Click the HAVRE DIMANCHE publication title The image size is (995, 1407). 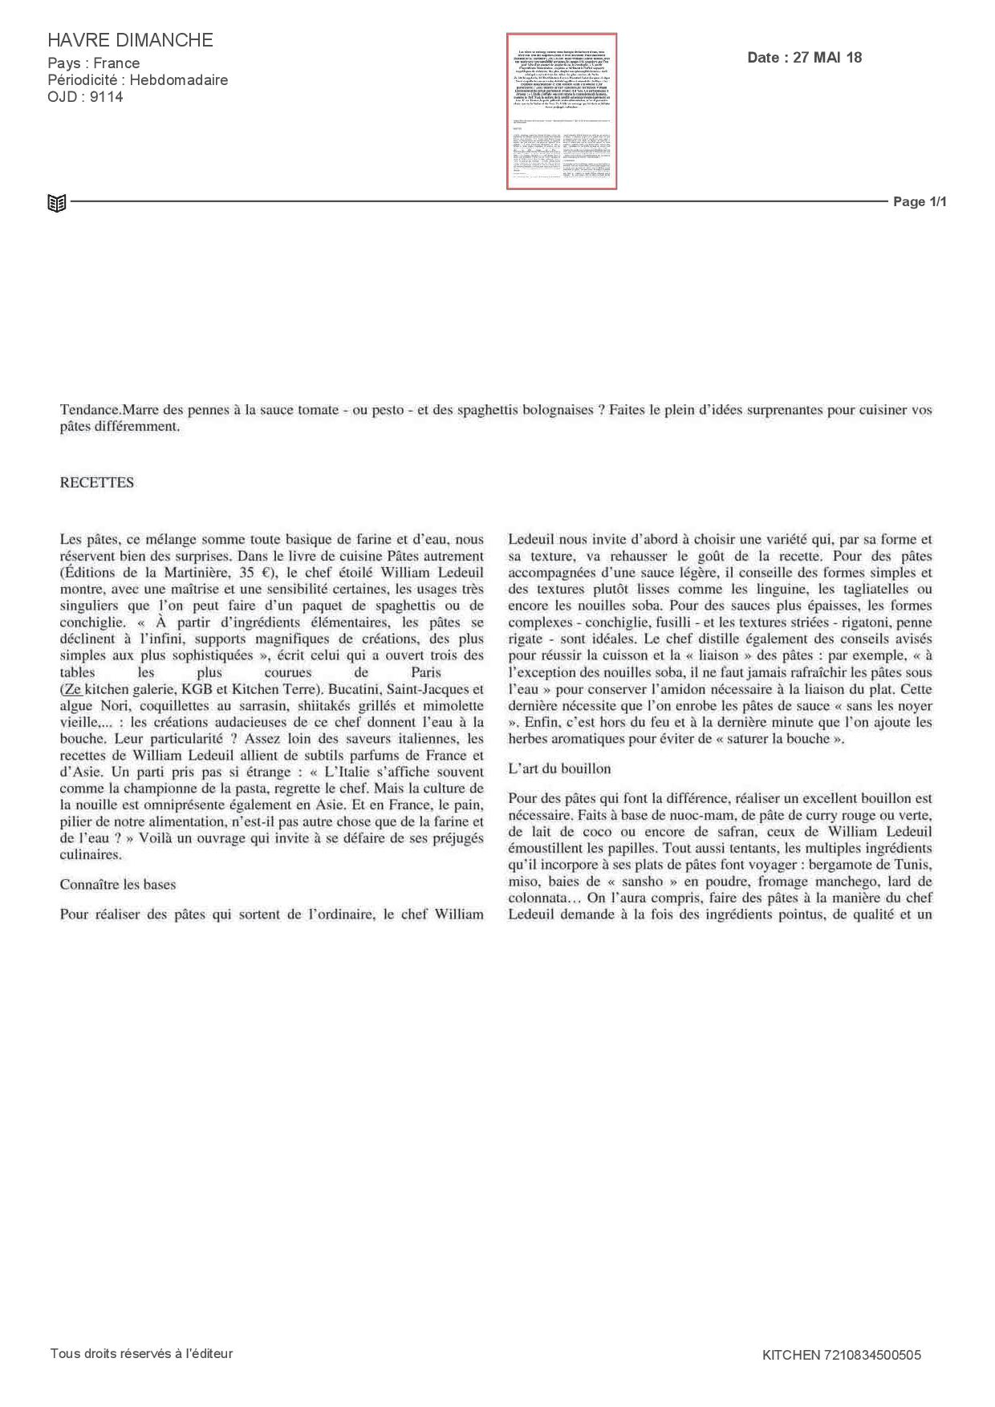pyautogui.click(x=130, y=40)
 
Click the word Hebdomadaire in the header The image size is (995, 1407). pyautogui.click(x=179, y=80)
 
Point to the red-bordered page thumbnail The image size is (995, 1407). pyautogui.click(x=562, y=112)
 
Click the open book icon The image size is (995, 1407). pyautogui.click(x=56, y=203)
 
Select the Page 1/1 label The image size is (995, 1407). pyautogui.click(x=920, y=202)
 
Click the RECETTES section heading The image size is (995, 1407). pyautogui.click(x=97, y=483)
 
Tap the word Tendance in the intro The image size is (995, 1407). pyautogui.click(x=89, y=410)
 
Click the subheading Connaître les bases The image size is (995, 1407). pyautogui.click(x=118, y=885)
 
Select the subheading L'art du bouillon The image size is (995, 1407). pyautogui.click(x=559, y=768)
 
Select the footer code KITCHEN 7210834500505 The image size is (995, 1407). pyautogui.click(x=842, y=1355)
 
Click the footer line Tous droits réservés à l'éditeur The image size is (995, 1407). pyautogui.click(x=141, y=1353)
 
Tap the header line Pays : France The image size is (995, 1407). pyautogui.click(x=94, y=63)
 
